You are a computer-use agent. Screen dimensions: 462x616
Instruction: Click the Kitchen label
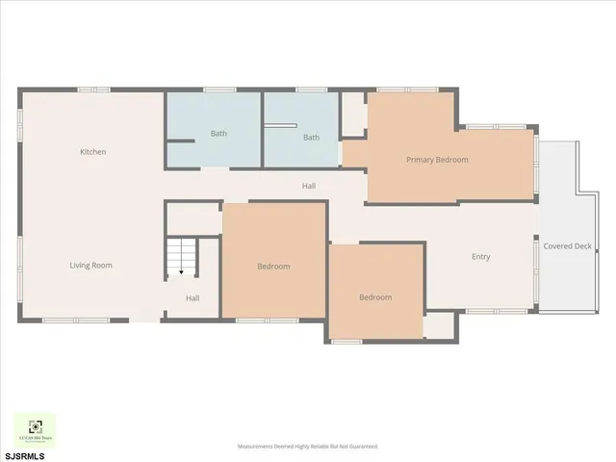point(93,152)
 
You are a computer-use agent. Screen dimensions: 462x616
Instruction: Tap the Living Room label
point(91,265)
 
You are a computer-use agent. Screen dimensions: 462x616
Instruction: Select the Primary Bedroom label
point(437,160)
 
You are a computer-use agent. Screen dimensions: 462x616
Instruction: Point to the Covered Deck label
point(567,246)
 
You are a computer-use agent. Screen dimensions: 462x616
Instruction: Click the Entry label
point(480,257)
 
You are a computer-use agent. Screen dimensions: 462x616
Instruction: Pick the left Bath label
point(218,134)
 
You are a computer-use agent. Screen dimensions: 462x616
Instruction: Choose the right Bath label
point(311,138)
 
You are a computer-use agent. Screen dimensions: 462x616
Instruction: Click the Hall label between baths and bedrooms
point(309,186)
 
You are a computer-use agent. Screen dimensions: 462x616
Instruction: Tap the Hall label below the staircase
point(192,298)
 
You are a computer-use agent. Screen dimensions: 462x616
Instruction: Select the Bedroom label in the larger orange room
point(273,267)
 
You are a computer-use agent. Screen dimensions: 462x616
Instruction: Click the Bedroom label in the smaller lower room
point(375,297)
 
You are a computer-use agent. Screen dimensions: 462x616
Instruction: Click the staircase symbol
point(180,257)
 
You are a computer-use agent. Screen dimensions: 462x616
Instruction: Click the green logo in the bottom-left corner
point(35,429)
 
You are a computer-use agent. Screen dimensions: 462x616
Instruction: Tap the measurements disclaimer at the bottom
point(308,447)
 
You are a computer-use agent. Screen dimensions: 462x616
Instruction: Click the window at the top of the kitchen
point(93,90)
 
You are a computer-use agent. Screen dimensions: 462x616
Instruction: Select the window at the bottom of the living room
point(76,320)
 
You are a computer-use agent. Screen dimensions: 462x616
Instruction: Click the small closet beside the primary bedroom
point(353,115)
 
